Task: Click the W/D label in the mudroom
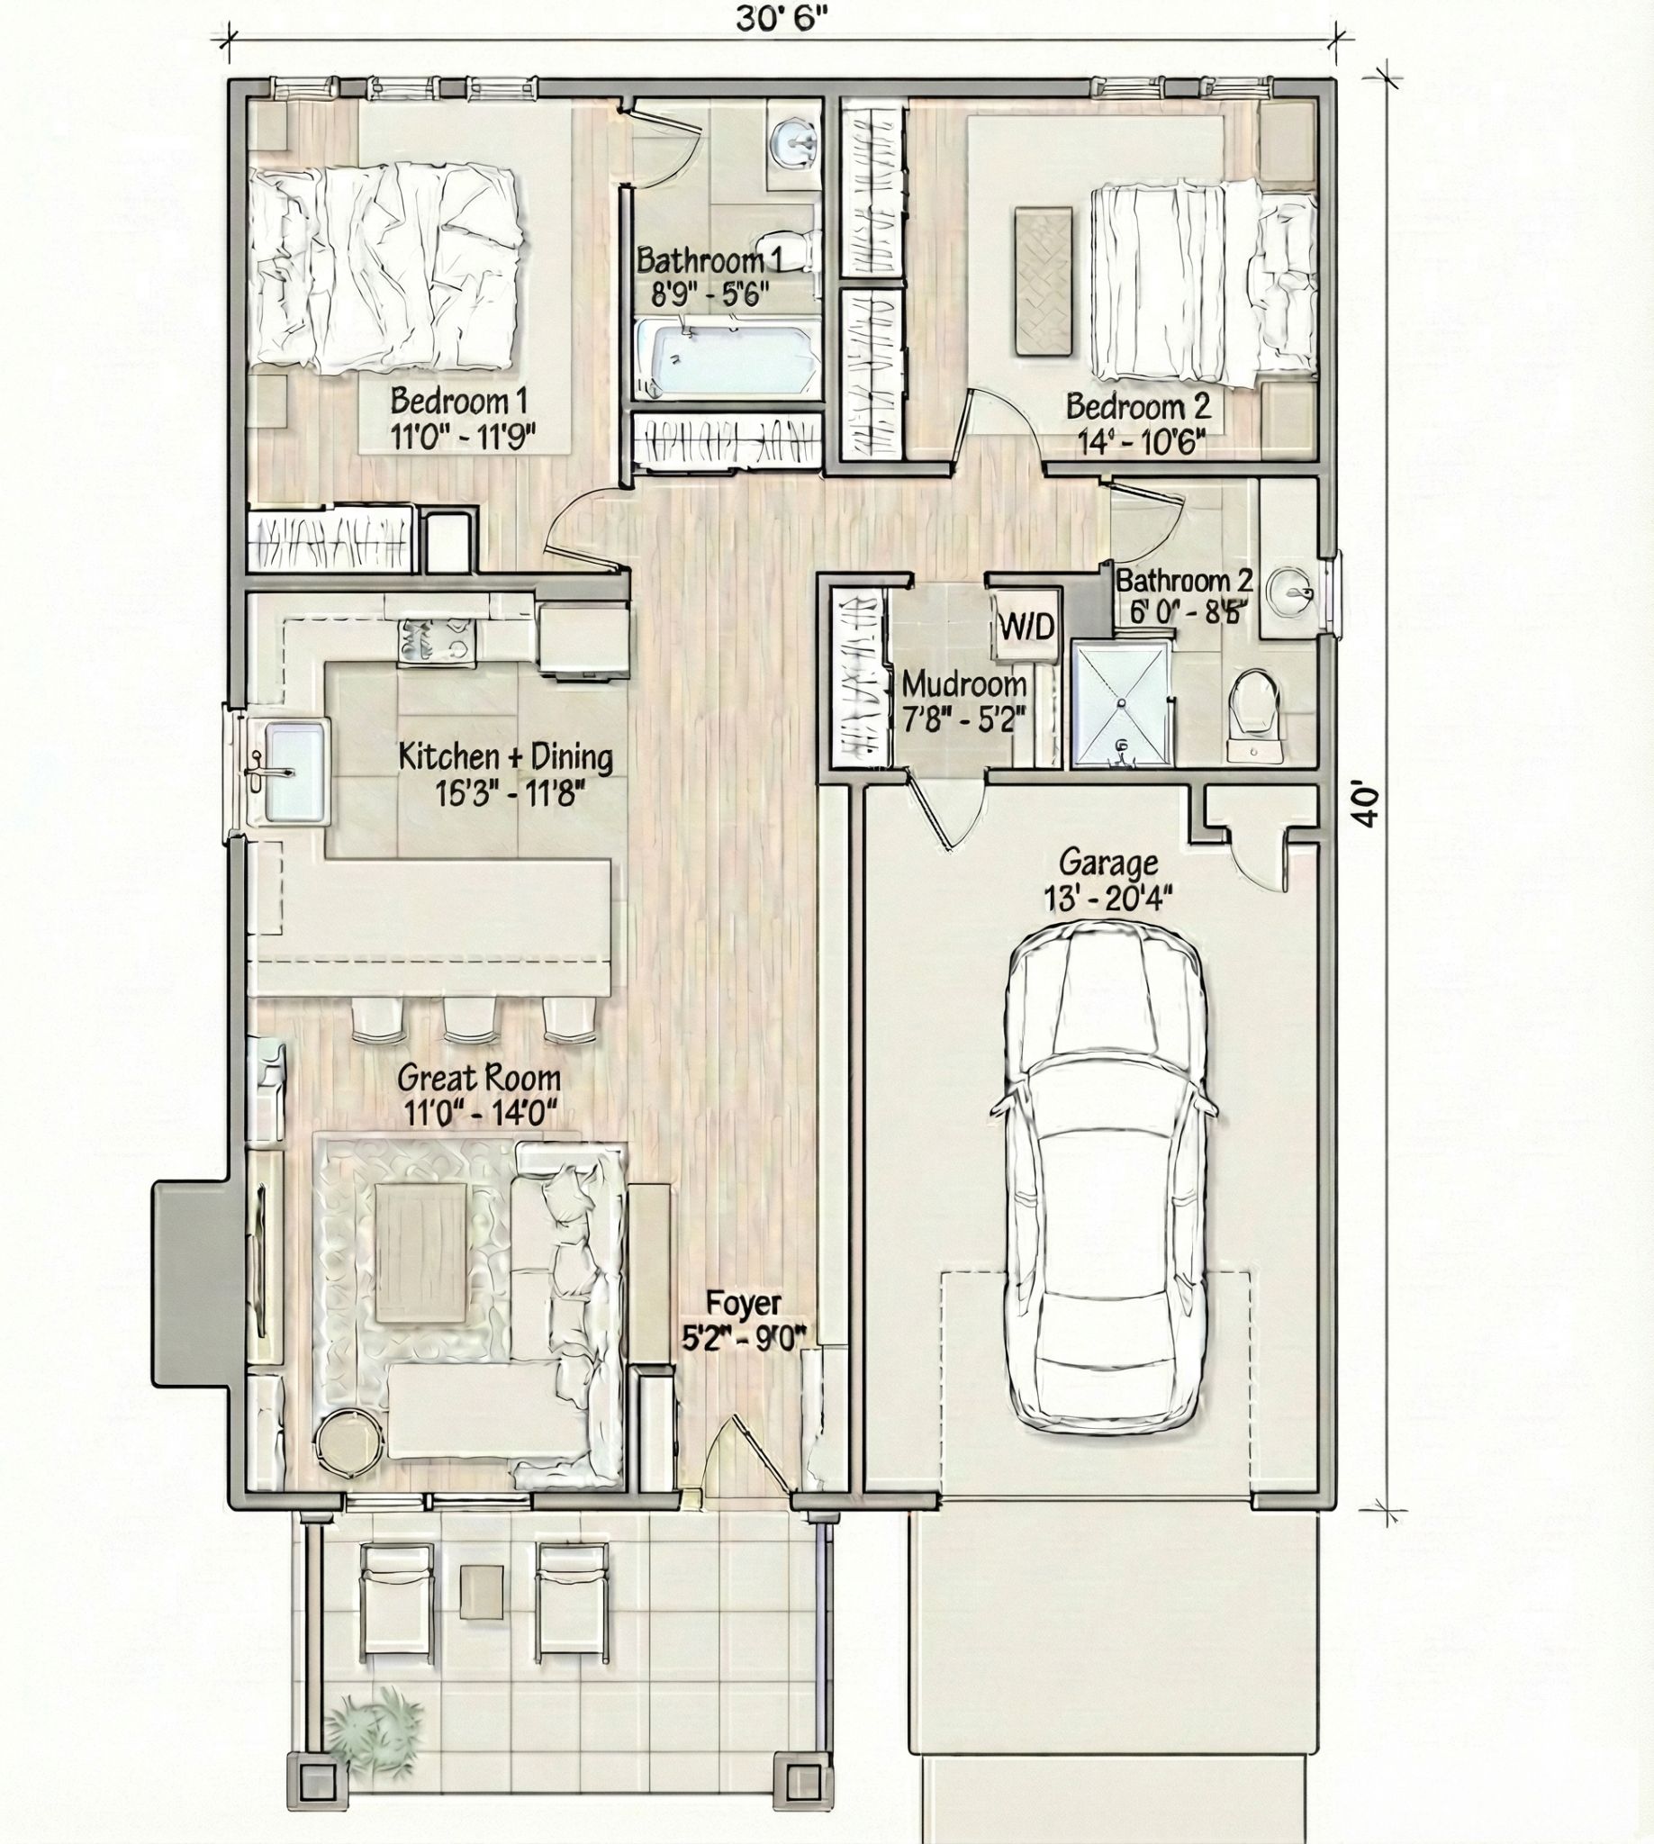(x=1028, y=626)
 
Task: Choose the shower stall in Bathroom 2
(x=1121, y=703)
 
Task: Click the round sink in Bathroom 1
(x=793, y=141)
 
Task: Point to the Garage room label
(x=1108, y=862)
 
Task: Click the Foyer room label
(x=744, y=1303)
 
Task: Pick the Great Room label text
(x=479, y=1078)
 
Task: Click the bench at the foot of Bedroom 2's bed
(x=1044, y=279)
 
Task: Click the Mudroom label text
(x=963, y=683)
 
